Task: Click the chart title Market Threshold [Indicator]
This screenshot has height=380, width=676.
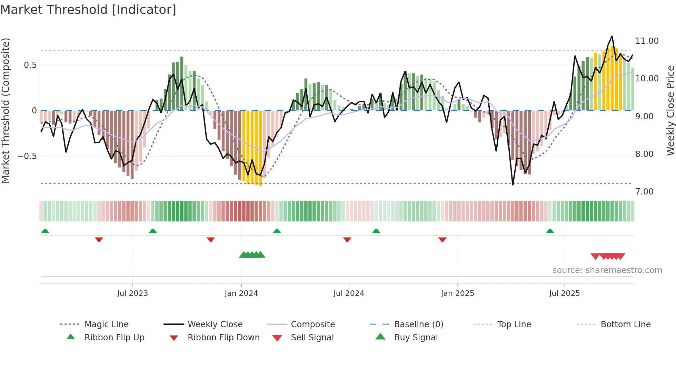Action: [88, 10]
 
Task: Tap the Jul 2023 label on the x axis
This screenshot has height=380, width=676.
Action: [132, 293]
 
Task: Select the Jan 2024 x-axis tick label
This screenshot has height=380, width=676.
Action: [241, 293]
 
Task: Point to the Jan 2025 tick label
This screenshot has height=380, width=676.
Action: [457, 293]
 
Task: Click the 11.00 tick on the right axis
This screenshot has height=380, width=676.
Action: [647, 41]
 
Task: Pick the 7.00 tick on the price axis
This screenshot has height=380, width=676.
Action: [644, 192]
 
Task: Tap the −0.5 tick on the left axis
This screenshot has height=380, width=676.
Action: [27, 156]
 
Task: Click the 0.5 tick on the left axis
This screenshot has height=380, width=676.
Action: [30, 65]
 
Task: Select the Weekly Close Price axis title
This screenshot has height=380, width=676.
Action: [670, 110]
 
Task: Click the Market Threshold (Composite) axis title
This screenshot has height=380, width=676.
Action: [6, 110]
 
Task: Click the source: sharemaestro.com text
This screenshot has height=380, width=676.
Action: [607, 270]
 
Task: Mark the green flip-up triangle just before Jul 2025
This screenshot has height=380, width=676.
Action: [550, 231]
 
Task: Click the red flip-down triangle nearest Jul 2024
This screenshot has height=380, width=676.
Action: [347, 239]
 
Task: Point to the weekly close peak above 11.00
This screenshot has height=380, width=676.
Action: [612, 36]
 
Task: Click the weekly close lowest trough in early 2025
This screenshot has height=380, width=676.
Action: [513, 185]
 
